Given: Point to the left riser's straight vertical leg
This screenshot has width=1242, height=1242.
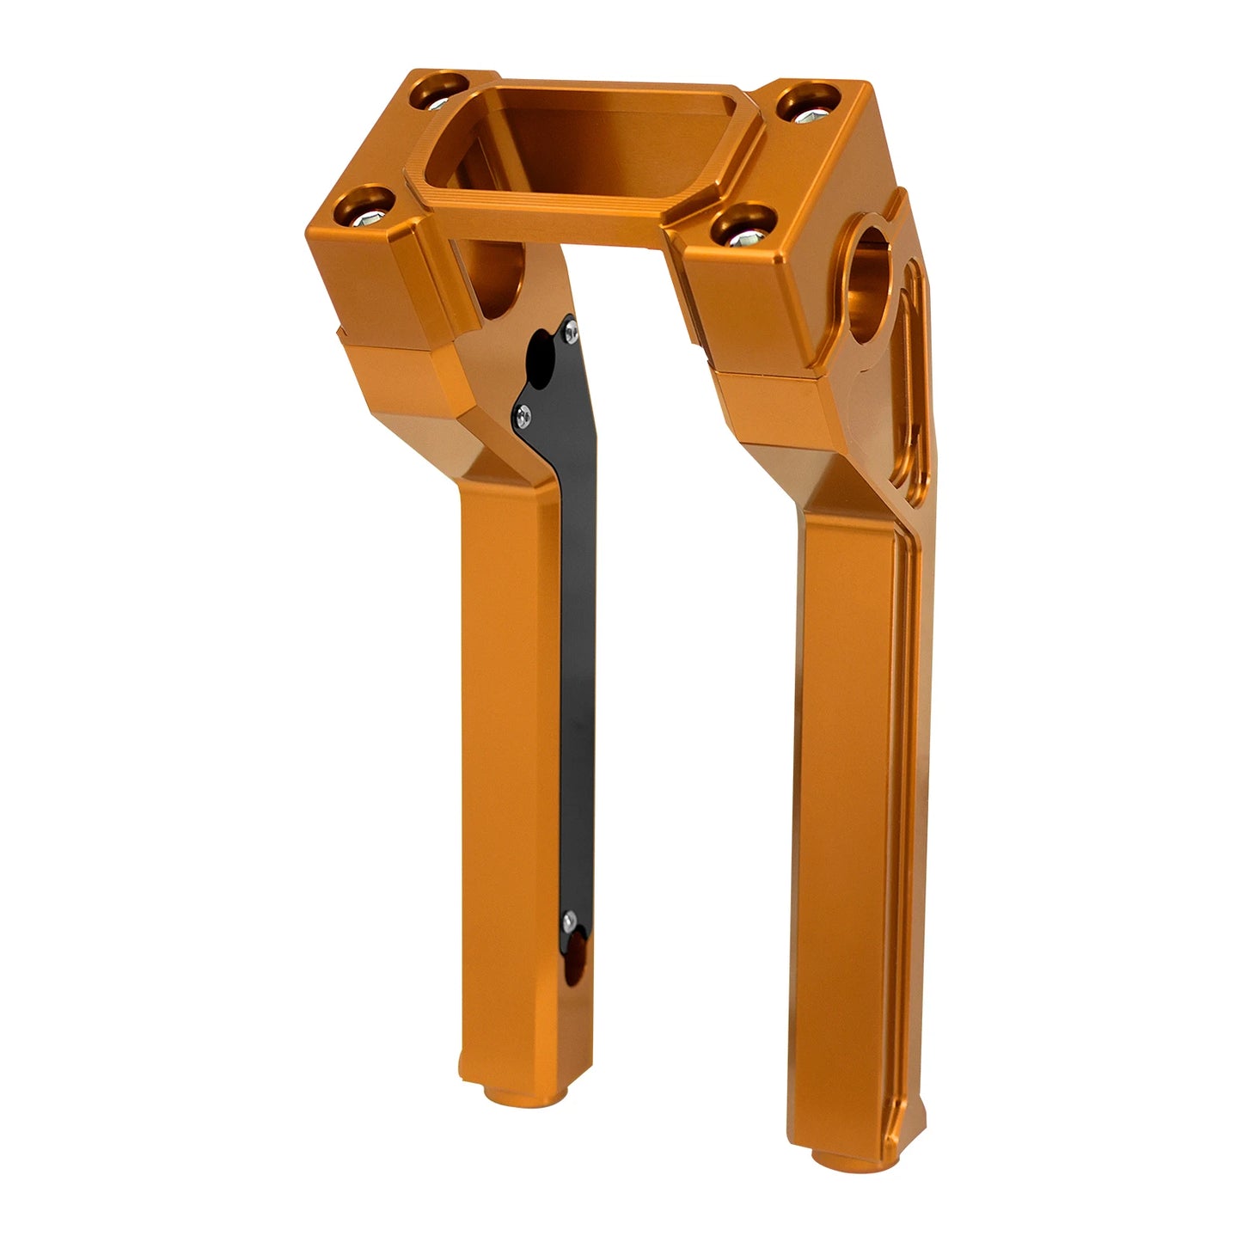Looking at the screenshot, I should click(503, 774).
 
